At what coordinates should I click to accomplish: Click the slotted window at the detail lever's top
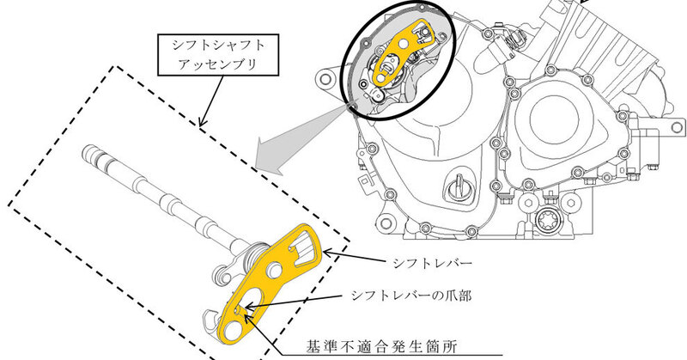303,249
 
